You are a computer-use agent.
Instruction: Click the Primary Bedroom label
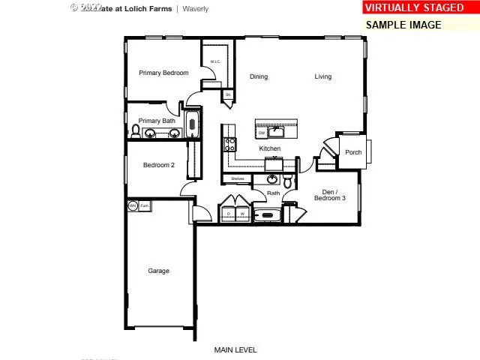point(163,73)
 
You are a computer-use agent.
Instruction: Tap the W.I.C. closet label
point(214,61)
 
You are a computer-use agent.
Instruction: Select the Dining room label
point(258,76)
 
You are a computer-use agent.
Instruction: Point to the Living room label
point(322,76)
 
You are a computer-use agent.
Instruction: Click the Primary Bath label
point(157,121)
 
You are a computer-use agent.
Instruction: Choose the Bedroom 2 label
point(159,165)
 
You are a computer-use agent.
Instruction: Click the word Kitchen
point(270,148)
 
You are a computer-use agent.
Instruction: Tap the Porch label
point(353,152)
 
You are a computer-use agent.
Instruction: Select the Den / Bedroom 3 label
point(329,195)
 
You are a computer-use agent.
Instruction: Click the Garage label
point(158,271)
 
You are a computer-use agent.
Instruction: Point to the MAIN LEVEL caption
point(235,349)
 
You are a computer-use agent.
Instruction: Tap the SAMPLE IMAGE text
point(403,24)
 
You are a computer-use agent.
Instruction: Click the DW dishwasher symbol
point(262,133)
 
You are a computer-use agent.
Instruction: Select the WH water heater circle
point(133,205)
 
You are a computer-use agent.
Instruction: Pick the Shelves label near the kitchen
point(238,178)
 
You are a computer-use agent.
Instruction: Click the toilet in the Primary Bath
point(136,131)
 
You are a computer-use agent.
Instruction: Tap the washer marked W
point(242,214)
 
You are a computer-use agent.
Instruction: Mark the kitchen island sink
point(277,132)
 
